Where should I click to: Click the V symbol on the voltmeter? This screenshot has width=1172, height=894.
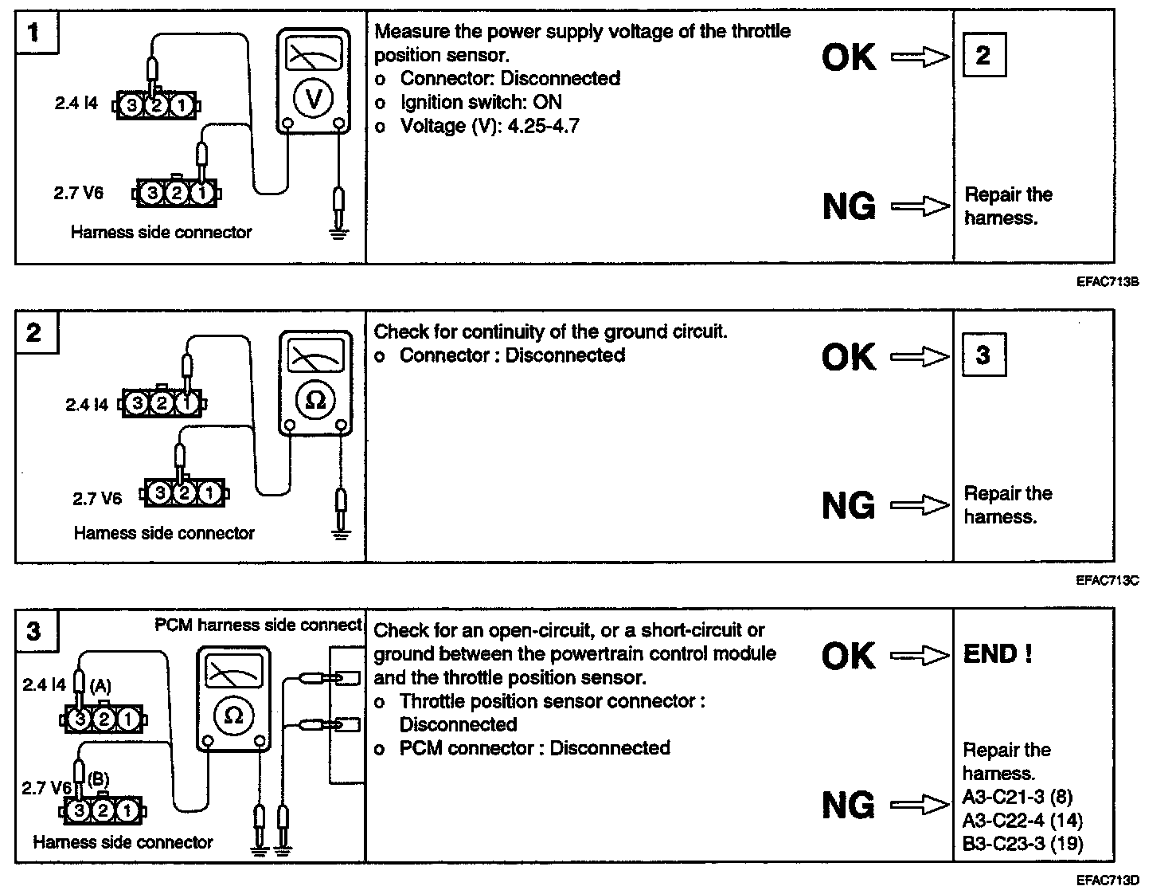[314, 98]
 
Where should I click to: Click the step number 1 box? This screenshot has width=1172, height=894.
[34, 33]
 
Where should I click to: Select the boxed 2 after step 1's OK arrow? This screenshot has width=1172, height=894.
[983, 55]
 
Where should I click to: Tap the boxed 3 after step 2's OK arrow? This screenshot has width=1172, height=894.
[983, 355]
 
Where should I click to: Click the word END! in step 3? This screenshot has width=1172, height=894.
[998, 654]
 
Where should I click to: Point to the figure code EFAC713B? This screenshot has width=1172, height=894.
[1107, 281]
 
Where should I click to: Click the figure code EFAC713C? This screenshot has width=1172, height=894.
[1107, 580]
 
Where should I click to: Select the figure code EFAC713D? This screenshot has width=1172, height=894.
[1107, 880]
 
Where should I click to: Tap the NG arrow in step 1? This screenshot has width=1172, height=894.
[920, 207]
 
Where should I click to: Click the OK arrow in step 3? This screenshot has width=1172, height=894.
[920, 656]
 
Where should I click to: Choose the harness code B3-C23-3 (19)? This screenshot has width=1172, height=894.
[1022, 843]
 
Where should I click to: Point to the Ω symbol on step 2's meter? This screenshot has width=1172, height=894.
[315, 400]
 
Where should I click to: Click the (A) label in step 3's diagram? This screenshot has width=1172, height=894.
[100, 685]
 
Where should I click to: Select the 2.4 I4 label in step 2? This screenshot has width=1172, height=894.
[87, 405]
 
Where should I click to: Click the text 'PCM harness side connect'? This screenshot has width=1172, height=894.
[258, 625]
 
